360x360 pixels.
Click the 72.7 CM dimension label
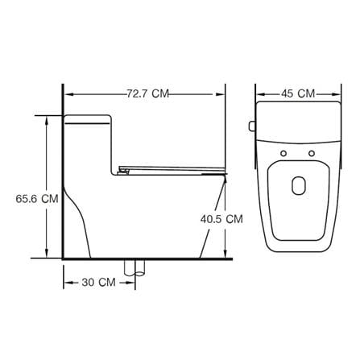point(148,93)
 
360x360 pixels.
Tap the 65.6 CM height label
point(37,199)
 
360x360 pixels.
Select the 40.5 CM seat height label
point(221,219)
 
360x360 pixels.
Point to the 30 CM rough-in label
point(99,283)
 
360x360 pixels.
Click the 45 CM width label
point(298,93)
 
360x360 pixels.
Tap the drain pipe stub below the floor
point(134,267)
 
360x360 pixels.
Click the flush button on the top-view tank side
point(252,126)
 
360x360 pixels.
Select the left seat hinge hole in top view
point(283,154)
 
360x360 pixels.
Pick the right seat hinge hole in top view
point(312,154)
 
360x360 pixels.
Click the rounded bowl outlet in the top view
point(299,185)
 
